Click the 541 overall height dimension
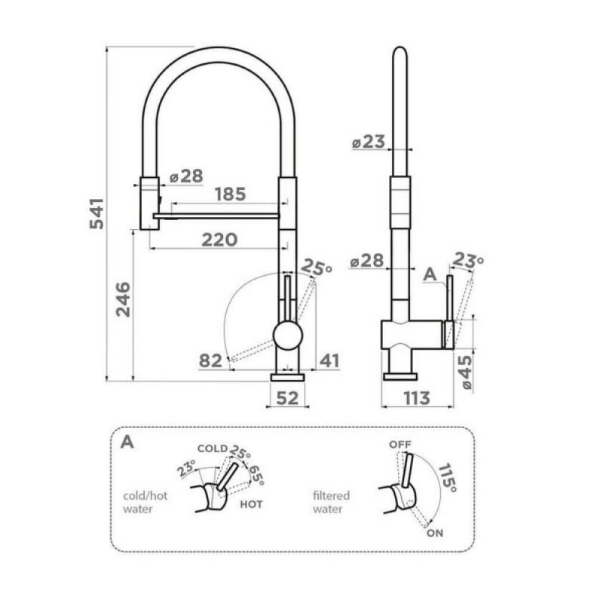pos(96,214)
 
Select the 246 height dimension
pos(123,299)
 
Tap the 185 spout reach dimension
pos(230,194)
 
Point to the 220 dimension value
pos(219,240)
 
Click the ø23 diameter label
pos(369,142)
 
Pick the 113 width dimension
pos(417,398)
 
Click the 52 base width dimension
pos(287,398)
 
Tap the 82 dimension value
pos(210,361)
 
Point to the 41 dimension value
pos(329,361)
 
